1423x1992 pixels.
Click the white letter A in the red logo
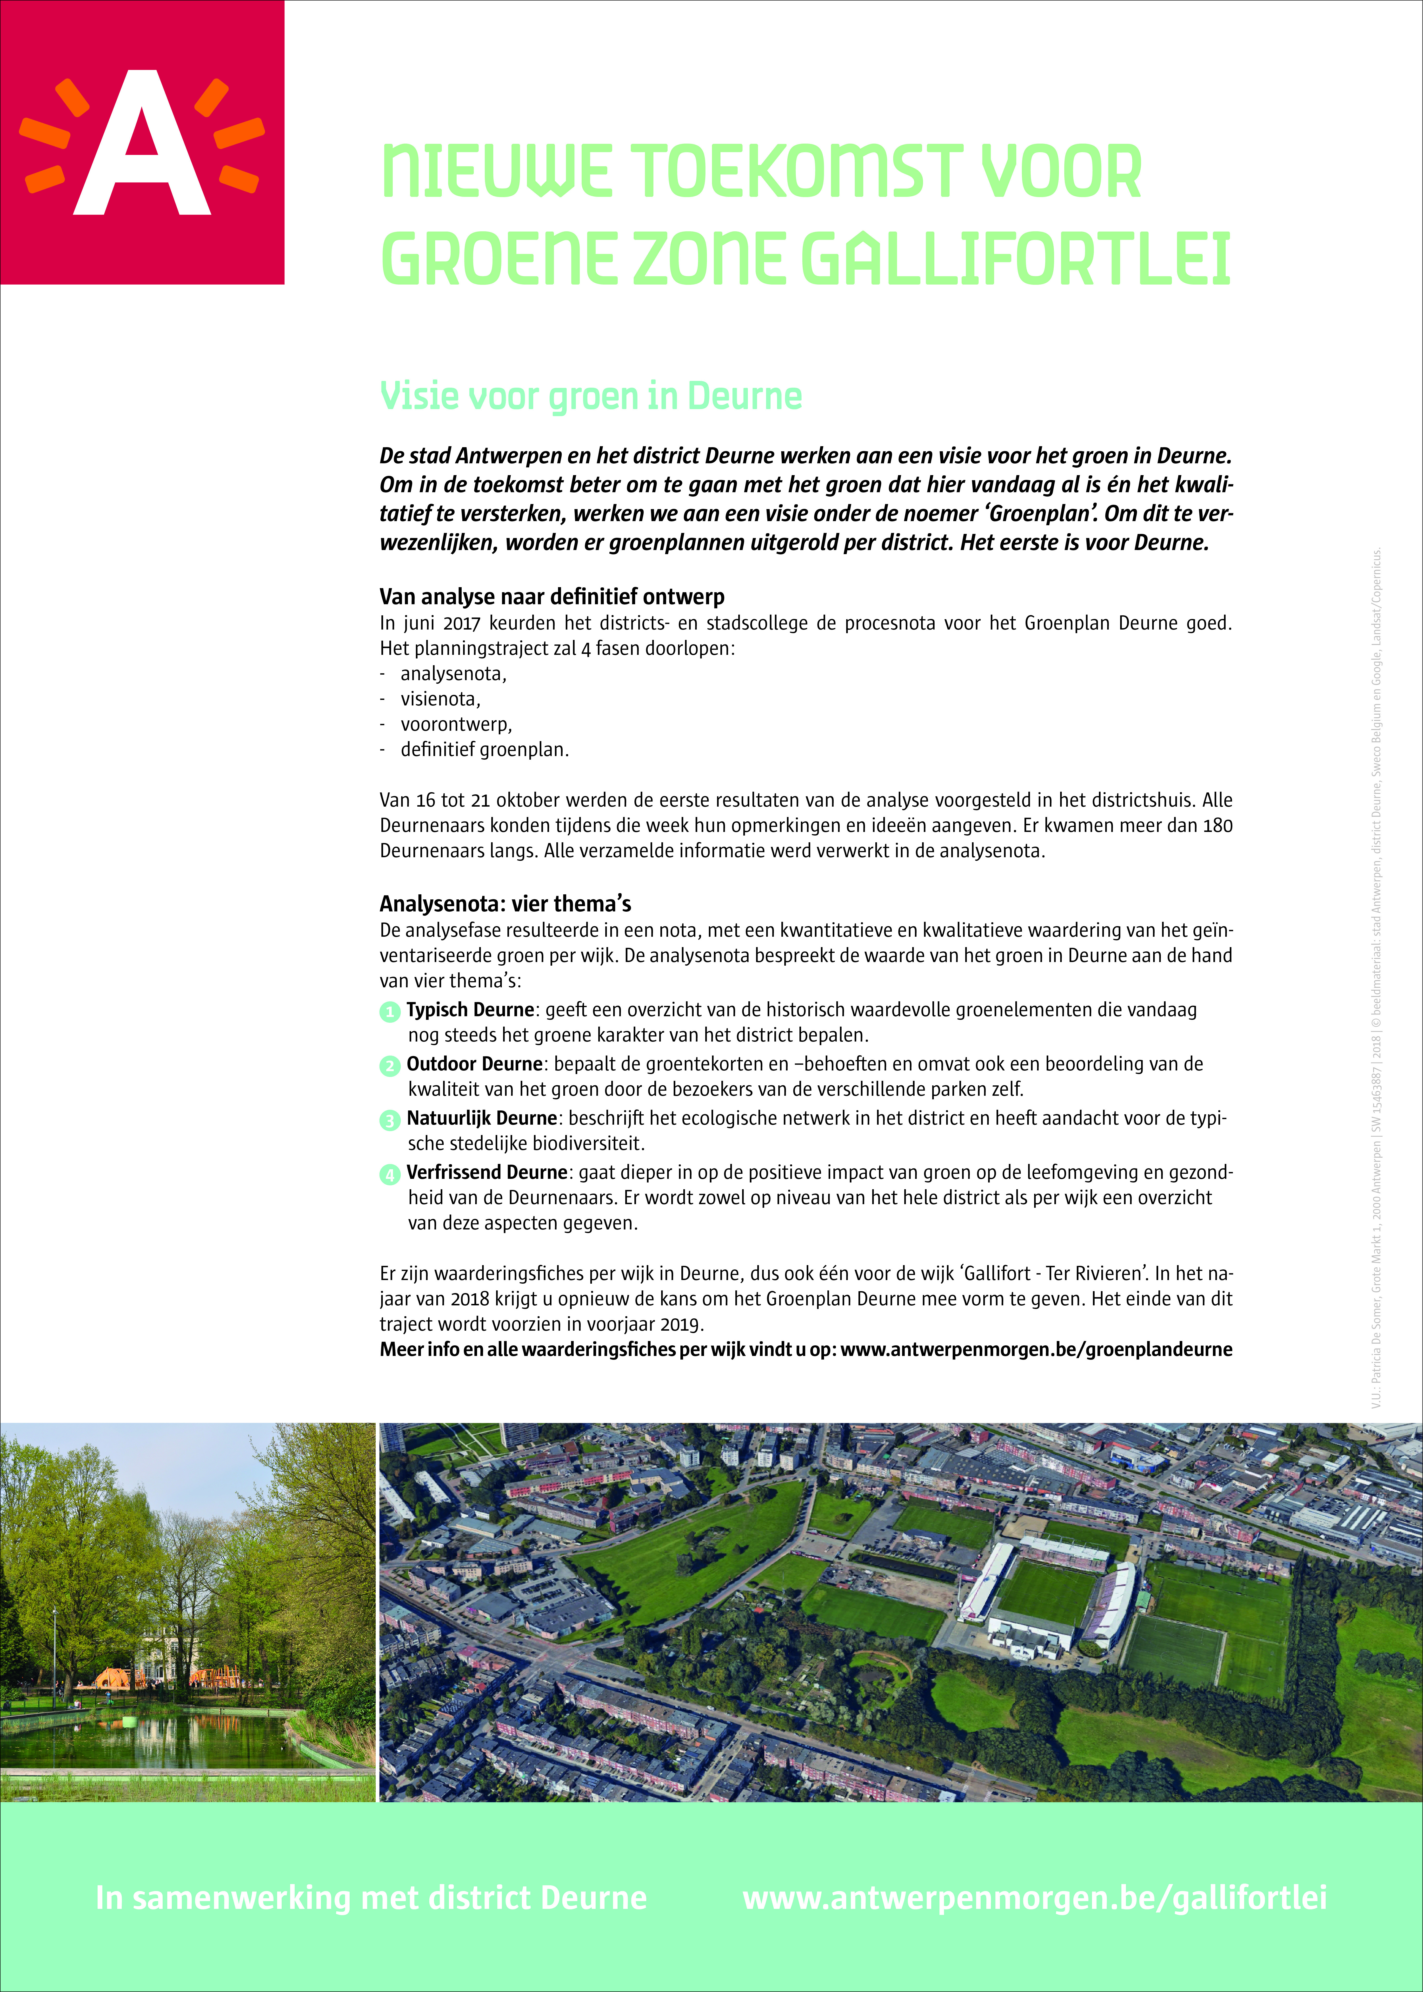coord(142,145)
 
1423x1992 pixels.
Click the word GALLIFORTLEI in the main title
coord(1017,259)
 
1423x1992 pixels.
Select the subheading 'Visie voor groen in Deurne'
coord(591,396)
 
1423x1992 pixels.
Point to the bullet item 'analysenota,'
coord(453,674)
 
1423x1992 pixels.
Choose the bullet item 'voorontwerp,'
coord(456,724)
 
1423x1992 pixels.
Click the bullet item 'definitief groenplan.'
coord(485,750)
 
